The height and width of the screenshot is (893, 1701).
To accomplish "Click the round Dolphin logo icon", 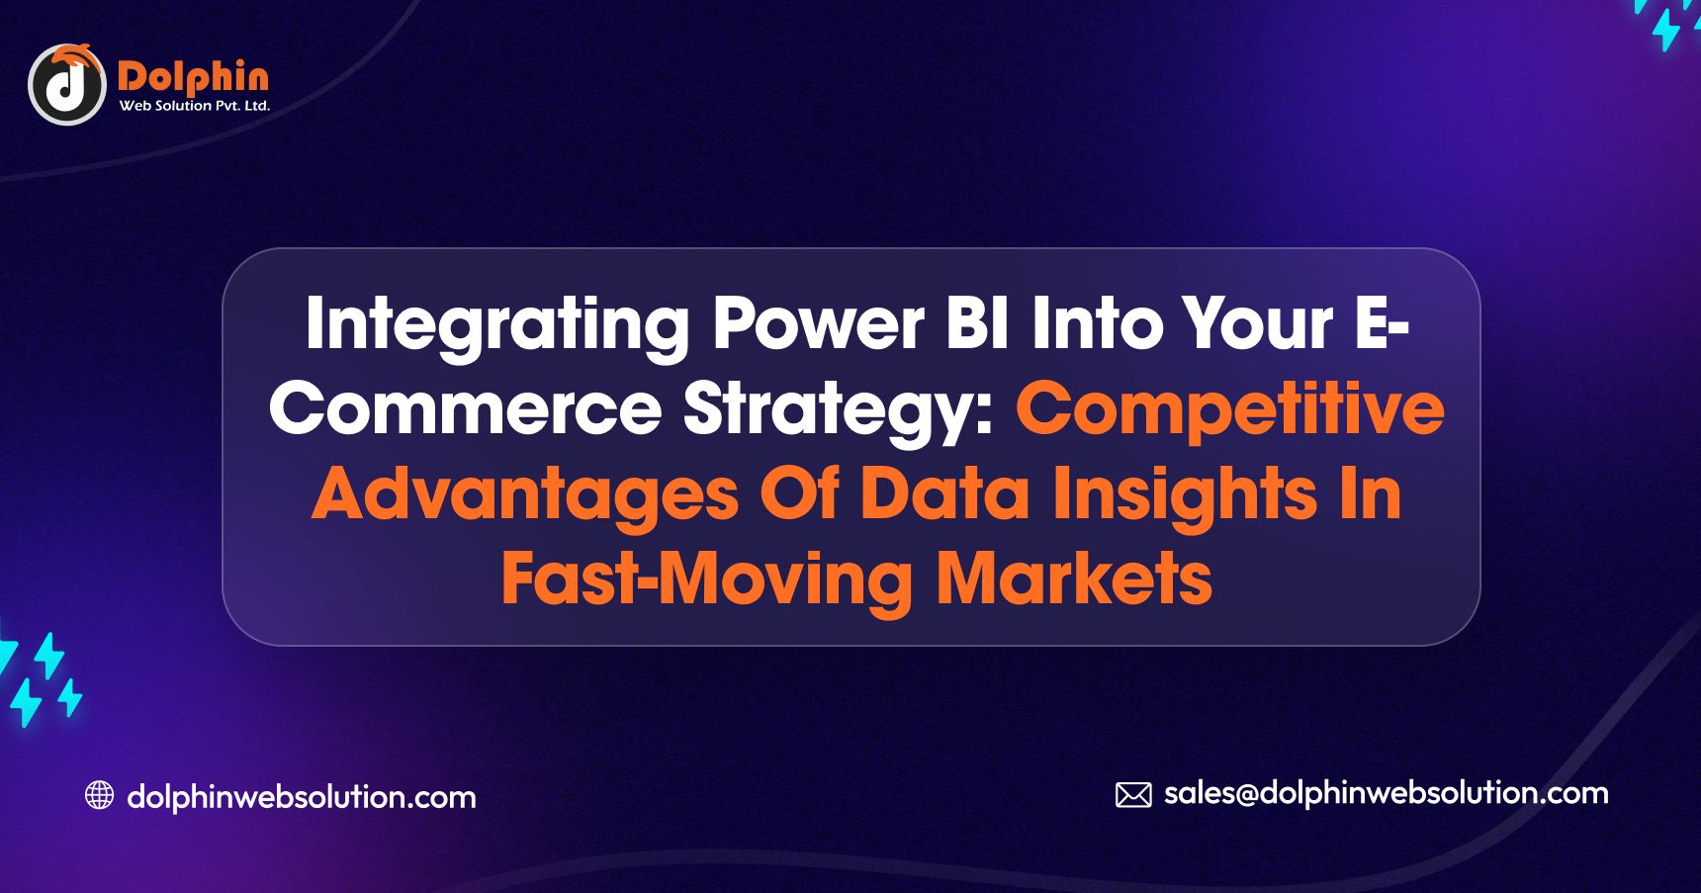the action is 66,85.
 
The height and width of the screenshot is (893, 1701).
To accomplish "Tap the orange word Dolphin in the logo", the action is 193,76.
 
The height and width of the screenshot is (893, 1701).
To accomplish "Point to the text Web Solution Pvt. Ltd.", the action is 195,106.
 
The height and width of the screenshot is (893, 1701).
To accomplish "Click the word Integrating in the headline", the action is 497,326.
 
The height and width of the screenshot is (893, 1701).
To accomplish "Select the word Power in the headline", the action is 819,324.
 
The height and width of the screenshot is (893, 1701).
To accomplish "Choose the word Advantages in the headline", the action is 525,494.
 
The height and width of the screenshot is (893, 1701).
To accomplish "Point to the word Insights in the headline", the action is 1185,495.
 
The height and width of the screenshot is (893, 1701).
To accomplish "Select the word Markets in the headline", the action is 1074,579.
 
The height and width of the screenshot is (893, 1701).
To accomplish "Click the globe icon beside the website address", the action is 99,795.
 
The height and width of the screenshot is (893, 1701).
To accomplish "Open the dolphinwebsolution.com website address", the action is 302,796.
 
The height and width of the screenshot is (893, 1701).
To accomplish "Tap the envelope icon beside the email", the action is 1133,795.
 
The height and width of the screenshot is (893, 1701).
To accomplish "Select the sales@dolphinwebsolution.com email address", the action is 1387,793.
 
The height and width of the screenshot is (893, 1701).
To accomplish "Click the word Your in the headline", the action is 1258,324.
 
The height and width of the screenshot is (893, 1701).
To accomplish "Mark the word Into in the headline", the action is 1097,324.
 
